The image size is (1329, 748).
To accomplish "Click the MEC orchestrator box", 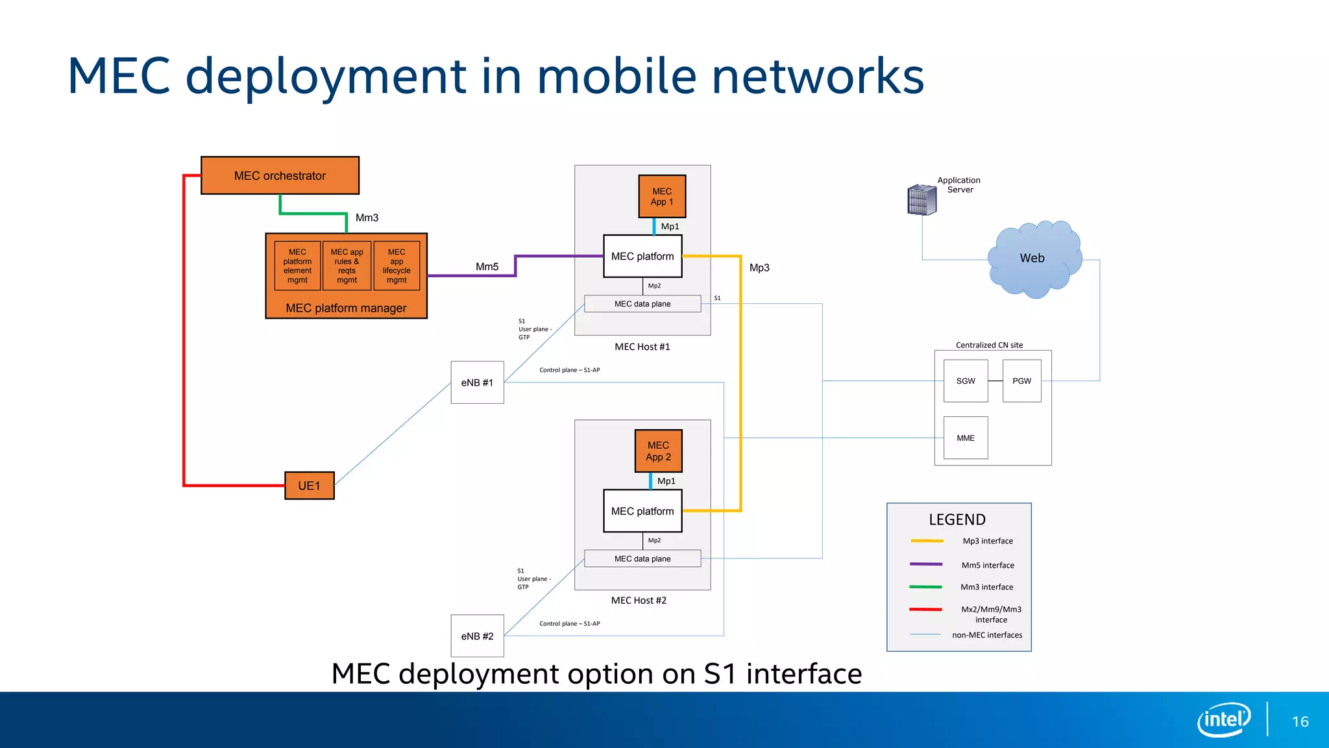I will click(x=280, y=175).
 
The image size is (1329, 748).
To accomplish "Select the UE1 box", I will click(x=309, y=486).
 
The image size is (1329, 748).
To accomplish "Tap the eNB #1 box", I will click(x=477, y=382).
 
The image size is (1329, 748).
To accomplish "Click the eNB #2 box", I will click(x=477, y=636).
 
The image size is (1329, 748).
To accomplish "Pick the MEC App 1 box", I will click(x=662, y=196).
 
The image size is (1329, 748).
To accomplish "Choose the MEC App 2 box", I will click(x=658, y=451).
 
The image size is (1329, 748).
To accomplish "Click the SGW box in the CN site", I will click(x=966, y=381).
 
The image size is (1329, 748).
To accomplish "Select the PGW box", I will click(x=1021, y=381).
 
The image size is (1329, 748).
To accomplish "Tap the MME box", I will click(x=966, y=438).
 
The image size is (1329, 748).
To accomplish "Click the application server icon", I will click(x=921, y=199).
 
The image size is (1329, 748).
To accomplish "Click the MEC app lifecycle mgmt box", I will click(x=396, y=266).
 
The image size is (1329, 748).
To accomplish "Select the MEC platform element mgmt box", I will click(x=297, y=266).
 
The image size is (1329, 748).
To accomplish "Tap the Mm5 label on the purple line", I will click(x=487, y=267).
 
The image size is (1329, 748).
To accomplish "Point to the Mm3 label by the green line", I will click(x=367, y=218).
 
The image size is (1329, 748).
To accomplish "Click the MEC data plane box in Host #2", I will click(x=642, y=558).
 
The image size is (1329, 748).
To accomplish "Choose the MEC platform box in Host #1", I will click(x=642, y=256).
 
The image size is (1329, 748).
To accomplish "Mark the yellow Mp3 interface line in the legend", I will click(x=927, y=541).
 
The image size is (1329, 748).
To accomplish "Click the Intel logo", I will click(x=1223, y=719).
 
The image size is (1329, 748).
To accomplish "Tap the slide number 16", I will click(x=1300, y=721).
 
